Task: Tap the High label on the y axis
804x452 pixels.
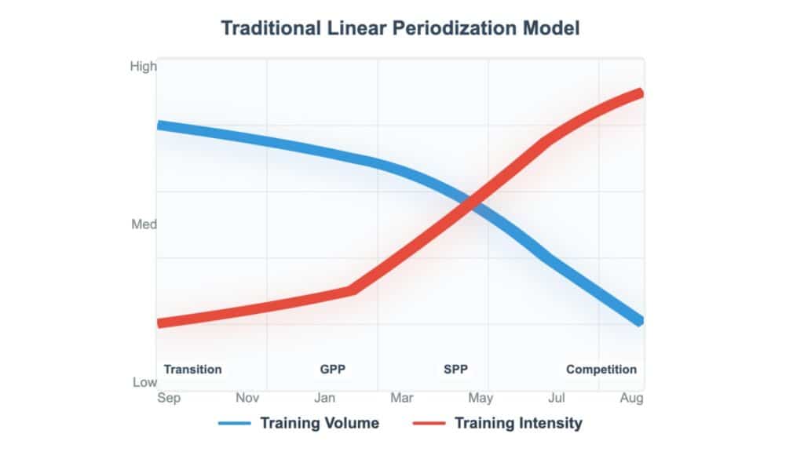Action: pos(143,67)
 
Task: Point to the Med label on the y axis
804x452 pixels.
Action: pos(144,224)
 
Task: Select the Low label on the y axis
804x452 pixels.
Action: pos(144,382)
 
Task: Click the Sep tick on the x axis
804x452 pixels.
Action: pos(169,398)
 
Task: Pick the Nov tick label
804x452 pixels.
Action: pos(247,398)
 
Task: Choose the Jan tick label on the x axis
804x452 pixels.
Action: pos(326,398)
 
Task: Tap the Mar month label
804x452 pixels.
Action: pos(402,398)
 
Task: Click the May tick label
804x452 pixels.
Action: pos(480,398)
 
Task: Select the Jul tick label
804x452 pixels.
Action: pos(556,398)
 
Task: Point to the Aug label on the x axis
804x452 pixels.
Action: pos(631,398)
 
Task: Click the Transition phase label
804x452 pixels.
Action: pos(192,370)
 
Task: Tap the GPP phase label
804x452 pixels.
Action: pos(332,370)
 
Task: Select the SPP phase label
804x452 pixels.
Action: pos(455,370)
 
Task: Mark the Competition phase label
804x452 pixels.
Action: pos(601,370)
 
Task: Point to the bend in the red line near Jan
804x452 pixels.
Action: pos(352,290)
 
